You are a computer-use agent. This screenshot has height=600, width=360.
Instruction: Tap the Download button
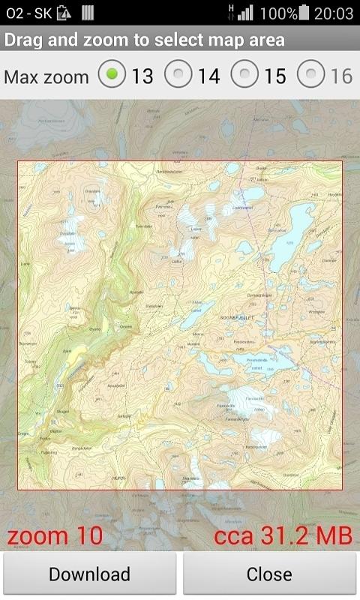[x=89, y=574]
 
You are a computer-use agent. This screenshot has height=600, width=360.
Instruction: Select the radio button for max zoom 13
[x=112, y=76]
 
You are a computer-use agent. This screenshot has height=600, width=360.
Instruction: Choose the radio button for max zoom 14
[x=178, y=76]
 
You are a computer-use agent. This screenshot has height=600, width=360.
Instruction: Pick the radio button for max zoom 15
[x=244, y=76]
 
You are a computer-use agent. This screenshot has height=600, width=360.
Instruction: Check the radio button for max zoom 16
[x=310, y=76]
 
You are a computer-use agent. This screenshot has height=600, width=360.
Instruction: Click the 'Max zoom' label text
[x=46, y=76]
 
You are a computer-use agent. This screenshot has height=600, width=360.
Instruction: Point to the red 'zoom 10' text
[x=55, y=536]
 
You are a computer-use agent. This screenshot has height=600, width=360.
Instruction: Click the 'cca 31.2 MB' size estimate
[x=283, y=536]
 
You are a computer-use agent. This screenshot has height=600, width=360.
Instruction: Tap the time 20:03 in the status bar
[x=334, y=13]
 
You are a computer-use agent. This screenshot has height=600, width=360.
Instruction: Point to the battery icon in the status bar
[x=304, y=13]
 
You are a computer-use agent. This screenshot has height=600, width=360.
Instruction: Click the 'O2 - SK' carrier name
[x=28, y=13]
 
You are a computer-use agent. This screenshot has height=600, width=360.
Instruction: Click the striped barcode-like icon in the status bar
[x=88, y=13]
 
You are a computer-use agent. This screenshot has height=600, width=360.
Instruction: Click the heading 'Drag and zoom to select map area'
[x=145, y=40]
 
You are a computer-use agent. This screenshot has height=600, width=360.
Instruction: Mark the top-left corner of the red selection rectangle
[x=18, y=161]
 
